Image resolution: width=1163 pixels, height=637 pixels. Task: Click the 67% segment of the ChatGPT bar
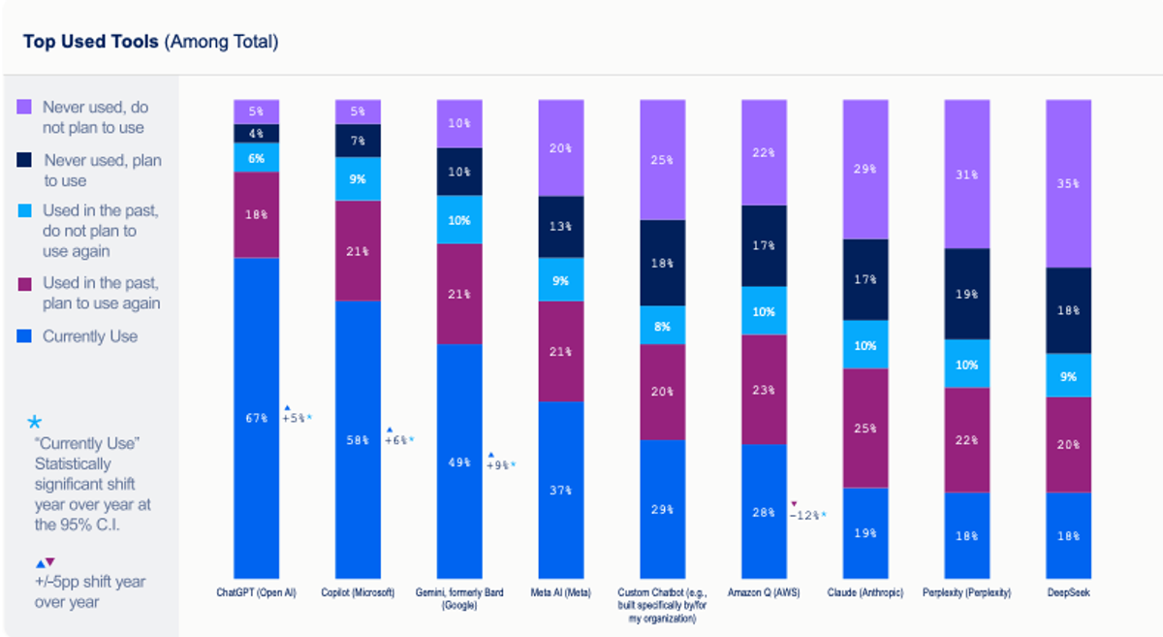tap(256, 418)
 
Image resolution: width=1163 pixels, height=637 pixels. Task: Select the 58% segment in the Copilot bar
tap(358, 439)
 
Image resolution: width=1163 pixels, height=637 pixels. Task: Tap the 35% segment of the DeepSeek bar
tap(1068, 183)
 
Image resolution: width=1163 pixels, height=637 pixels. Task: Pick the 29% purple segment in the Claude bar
tap(865, 169)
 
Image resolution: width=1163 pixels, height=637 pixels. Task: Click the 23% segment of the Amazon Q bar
tap(764, 389)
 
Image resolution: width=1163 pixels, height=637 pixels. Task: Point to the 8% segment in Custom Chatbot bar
tap(662, 327)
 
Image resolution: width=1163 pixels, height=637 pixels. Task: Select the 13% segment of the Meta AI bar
tap(560, 227)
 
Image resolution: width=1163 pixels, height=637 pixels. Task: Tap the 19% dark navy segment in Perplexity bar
tap(967, 293)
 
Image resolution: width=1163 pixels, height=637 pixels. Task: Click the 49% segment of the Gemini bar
tap(459, 462)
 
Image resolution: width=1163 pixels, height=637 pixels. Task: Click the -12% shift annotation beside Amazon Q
tap(807, 514)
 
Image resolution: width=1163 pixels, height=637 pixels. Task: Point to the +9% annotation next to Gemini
tap(501, 464)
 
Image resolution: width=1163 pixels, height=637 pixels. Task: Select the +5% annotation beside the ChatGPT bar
tap(297, 418)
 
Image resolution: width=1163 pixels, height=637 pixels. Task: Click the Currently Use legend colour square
tap(25, 336)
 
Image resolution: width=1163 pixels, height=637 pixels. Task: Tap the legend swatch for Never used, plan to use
tap(25, 160)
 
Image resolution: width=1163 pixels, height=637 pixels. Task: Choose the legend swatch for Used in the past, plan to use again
tap(25, 283)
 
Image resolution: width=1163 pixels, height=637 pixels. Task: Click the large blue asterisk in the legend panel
tap(35, 423)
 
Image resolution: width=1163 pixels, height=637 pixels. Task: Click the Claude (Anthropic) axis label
tap(865, 592)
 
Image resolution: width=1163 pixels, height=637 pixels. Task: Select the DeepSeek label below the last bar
tap(1068, 592)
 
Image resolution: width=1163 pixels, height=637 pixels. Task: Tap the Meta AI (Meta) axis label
tap(560, 592)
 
